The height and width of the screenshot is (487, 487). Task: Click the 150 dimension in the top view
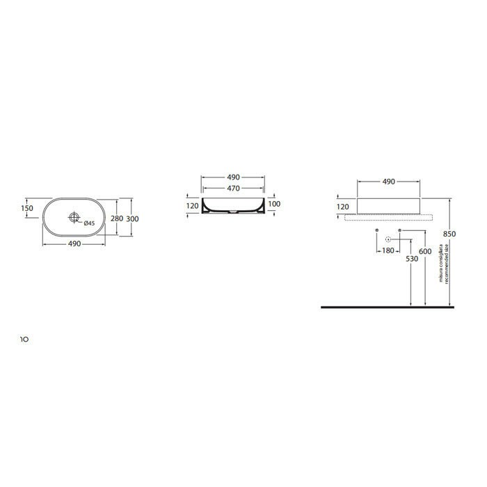[x=27, y=208]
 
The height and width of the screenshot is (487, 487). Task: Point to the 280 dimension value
[x=118, y=218]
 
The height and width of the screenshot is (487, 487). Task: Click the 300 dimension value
[x=133, y=218]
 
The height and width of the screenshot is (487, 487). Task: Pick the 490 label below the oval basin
[x=74, y=244]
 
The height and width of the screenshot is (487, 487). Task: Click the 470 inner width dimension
[x=232, y=188]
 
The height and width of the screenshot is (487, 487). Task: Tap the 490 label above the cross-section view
[x=232, y=178]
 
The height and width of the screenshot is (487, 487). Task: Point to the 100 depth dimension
[x=274, y=204]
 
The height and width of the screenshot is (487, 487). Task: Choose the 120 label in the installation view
[x=343, y=207]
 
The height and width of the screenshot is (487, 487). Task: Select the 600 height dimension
[x=426, y=250]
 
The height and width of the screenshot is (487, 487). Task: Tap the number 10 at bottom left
[x=24, y=340]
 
